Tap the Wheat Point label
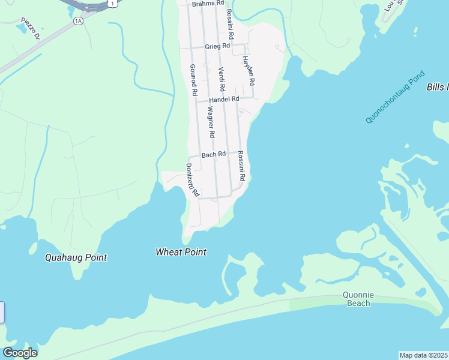click(181, 252)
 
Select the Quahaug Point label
click(76, 257)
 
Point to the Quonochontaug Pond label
click(394, 97)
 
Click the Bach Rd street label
click(213, 154)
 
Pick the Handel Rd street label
click(223, 99)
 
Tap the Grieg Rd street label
click(217, 46)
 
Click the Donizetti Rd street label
click(191, 180)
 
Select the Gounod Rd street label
click(193, 80)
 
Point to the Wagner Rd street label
click(211, 122)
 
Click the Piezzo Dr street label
click(31, 28)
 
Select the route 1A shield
click(77, 21)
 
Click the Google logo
click(20, 352)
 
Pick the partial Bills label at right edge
click(438, 88)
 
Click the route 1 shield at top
click(113, 3)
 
